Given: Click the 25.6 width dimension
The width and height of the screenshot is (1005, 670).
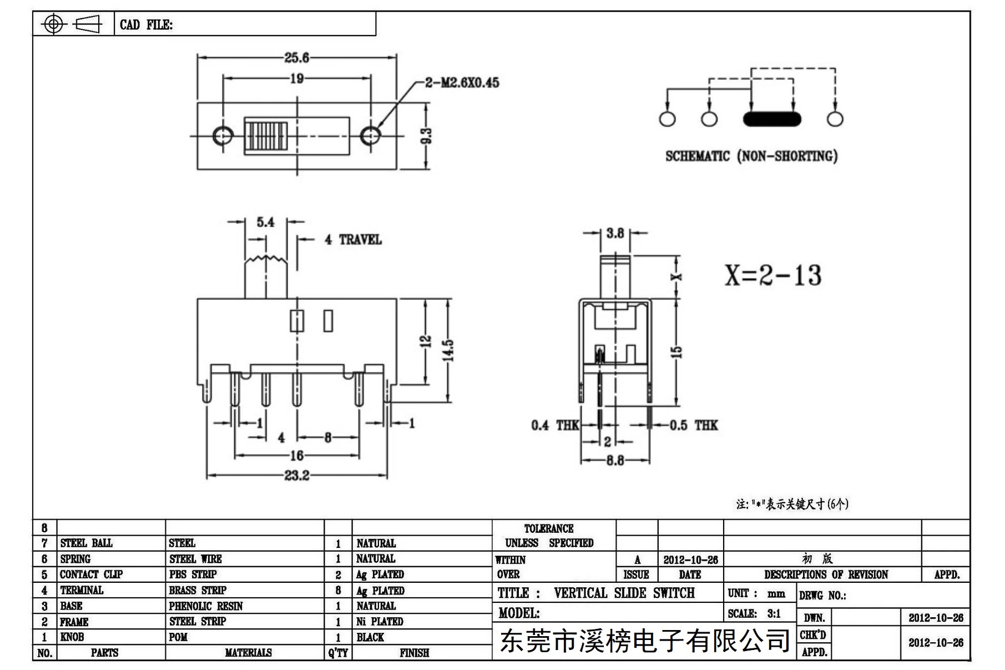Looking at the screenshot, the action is pos(297,58).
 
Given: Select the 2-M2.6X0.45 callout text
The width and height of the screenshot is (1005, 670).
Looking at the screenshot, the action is pos(462,83).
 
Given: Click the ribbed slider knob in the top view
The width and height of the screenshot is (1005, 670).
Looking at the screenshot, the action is pos(267,135).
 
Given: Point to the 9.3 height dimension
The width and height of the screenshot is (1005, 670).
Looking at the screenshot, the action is pos(426,135).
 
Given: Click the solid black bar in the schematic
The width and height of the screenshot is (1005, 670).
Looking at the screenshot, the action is pos(772,119).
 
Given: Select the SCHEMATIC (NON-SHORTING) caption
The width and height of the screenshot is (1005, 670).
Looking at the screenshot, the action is pos(751,156).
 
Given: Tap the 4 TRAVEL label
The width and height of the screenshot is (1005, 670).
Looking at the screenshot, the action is pos(353,240).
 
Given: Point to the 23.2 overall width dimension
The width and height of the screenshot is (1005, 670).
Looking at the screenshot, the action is pos(297,476).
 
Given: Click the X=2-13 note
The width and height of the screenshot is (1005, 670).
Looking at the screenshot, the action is pos(773,275).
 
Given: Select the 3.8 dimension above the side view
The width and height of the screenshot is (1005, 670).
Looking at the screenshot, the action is pos(615,233).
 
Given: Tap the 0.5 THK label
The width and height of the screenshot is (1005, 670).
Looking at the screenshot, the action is pos(694,426).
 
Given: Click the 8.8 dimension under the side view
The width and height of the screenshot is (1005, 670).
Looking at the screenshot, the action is pos(615,460).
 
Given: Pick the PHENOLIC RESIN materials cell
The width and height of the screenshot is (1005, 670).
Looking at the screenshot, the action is pos(206,606).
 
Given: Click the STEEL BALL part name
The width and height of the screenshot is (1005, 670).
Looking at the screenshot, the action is pos(86,543).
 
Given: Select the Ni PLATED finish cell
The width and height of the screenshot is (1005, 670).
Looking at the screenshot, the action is pos(380,622).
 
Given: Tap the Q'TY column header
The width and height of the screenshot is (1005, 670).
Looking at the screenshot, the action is pos(338,653).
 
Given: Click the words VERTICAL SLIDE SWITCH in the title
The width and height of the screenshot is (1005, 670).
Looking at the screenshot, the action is pos(624,593).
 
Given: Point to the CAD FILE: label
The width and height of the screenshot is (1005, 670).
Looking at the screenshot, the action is pos(147,25).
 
